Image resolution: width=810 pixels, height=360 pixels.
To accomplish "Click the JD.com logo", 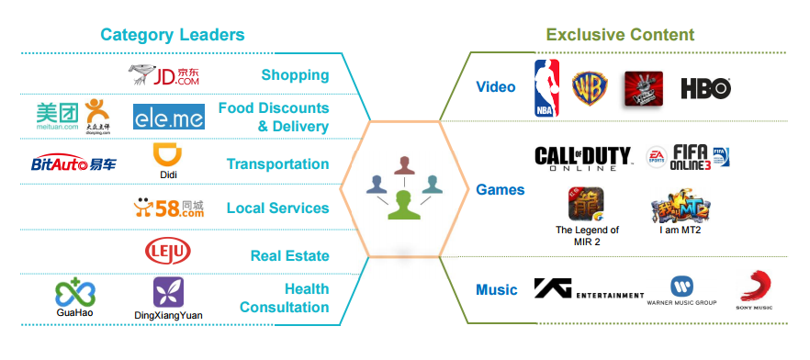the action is [x=166, y=74].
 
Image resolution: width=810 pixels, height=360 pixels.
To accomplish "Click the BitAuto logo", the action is [x=73, y=164].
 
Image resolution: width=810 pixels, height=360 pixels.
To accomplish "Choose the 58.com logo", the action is [x=167, y=208].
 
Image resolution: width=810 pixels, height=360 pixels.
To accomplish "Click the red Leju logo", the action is [x=168, y=251].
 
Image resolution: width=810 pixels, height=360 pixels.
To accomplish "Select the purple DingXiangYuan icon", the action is [x=168, y=292].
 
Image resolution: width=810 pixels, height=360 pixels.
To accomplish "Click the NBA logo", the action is [x=547, y=87].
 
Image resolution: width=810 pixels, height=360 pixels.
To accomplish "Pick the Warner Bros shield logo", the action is [x=589, y=88].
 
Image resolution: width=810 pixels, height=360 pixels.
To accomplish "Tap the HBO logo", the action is [x=705, y=88].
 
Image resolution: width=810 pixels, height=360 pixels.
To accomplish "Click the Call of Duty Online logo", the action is [x=583, y=157].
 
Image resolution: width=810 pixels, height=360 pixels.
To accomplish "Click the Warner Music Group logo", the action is [x=681, y=289].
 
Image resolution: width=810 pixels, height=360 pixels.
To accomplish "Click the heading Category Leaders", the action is [x=173, y=35].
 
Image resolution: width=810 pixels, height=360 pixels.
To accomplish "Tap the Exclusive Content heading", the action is [x=620, y=35].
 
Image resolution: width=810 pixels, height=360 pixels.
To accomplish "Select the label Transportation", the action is [x=277, y=164].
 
